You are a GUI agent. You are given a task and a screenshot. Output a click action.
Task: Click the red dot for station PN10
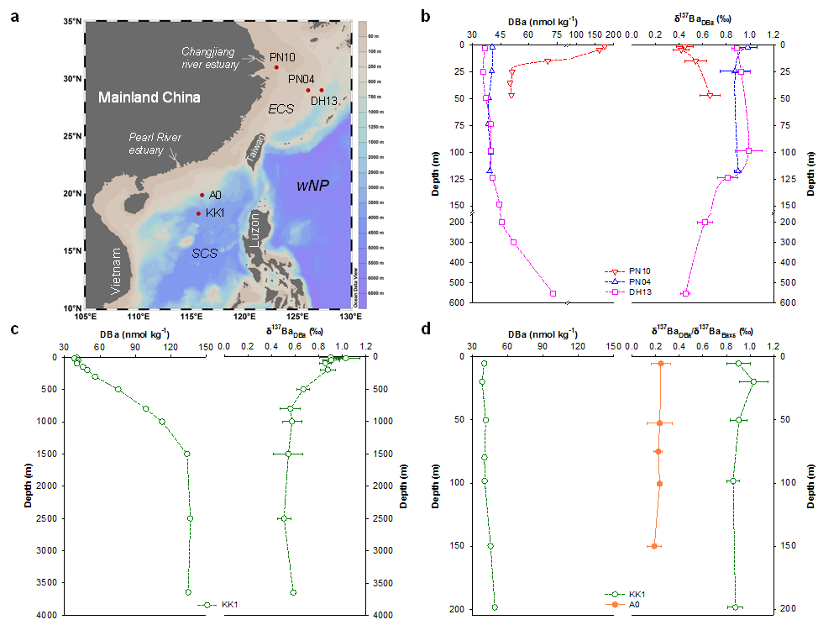tap(276, 67)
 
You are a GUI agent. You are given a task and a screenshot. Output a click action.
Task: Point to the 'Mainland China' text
tap(149, 97)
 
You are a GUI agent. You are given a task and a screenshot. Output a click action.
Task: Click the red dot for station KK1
tap(198, 213)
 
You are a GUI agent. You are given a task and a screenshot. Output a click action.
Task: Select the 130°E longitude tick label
tap(349, 318)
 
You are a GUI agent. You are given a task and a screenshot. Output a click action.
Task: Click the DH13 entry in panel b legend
tap(644, 291)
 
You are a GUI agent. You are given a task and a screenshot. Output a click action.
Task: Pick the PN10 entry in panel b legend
tap(644, 271)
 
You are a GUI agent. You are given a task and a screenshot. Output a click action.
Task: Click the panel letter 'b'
tap(426, 16)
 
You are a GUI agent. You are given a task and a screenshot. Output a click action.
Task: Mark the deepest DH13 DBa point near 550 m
tap(553, 293)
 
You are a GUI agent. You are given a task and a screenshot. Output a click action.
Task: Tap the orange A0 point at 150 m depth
tap(653, 546)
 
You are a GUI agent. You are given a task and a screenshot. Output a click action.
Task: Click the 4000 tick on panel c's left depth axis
tap(45, 616)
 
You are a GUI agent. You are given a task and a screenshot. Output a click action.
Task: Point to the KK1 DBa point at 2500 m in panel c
tap(190, 518)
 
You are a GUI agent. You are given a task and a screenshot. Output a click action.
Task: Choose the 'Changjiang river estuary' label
tap(211, 57)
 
